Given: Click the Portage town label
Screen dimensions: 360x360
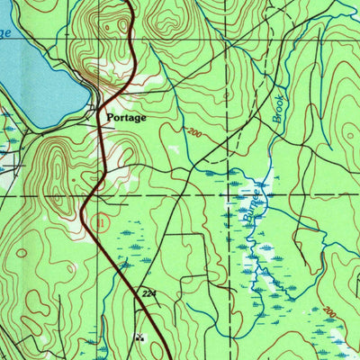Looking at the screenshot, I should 126,117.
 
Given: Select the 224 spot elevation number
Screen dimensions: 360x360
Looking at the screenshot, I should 150,293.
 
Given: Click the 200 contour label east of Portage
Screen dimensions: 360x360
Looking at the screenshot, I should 191,132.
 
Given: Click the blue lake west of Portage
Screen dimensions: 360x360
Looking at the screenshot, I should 36,81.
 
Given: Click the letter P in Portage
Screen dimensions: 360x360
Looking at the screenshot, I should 110,117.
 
